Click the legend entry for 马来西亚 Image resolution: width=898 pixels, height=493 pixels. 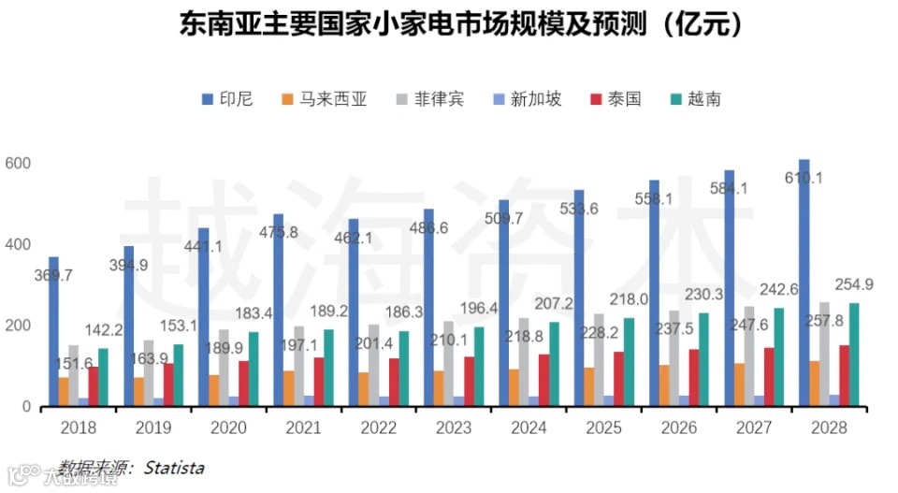(x=323, y=98)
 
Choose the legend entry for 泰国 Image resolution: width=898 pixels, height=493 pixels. (x=616, y=98)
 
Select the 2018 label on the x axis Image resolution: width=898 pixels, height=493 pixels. (x=78, y=428)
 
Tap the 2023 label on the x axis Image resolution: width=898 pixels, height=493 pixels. (x=454, y=428)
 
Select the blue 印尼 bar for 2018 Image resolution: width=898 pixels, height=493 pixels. (x=53, y=332)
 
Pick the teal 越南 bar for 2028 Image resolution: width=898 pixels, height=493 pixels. (x=853, y=355)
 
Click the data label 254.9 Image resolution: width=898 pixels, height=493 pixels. (x=855, y=284)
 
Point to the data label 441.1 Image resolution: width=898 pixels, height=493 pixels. (x=203, y=246)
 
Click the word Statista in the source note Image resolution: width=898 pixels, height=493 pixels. (x=173, y=467)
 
